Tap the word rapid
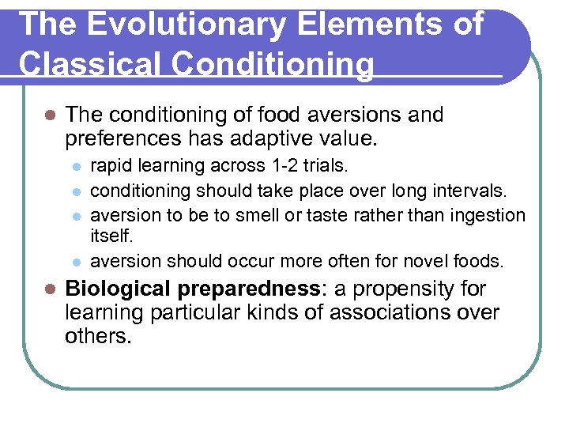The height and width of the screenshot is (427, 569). [x=111, y=167]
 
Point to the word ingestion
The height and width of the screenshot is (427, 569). [x=488, y=214]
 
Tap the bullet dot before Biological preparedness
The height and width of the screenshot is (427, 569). [x=49, y=289]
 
